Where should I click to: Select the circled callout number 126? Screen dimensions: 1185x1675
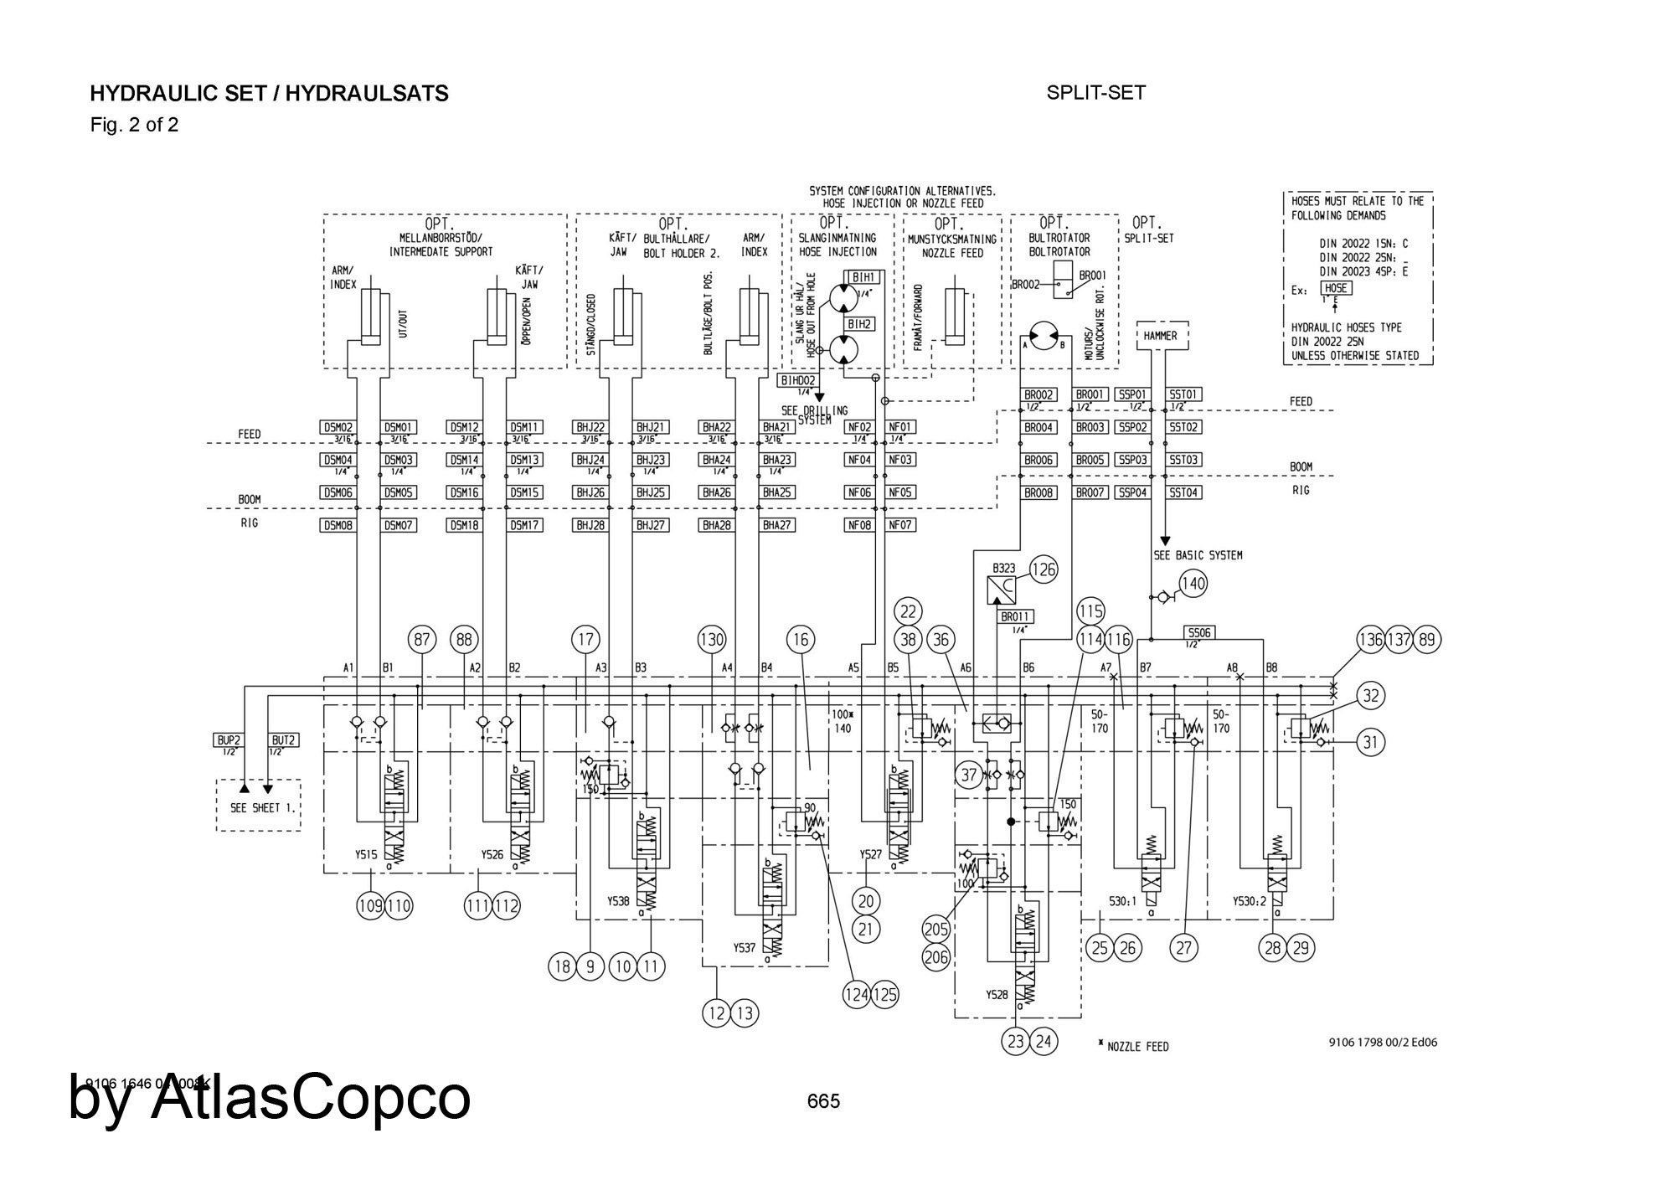point(1043,570)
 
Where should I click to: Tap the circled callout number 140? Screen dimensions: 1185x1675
point(1193,584)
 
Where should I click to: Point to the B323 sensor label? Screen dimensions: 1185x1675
point(1002,568)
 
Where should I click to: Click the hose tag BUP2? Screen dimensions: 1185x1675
point(229,740)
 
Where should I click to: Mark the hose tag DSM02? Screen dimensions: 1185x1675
point(338,427)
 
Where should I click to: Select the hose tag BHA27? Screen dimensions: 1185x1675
point(777,525)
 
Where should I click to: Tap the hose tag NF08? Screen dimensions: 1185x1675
point(859,525)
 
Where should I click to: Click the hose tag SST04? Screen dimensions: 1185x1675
point(1184,492)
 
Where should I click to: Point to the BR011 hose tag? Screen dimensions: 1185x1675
point(1015,617)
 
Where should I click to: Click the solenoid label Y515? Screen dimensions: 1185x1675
point(365,855)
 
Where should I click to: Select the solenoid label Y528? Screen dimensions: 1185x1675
point(996,995)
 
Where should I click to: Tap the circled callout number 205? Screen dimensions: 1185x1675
point(936,928)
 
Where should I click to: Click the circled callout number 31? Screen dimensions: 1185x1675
point(1370,742)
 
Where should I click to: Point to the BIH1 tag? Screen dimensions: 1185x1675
point(863,277)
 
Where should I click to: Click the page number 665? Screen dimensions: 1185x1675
point(823,1101)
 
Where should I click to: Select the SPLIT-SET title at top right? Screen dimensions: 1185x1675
point(1095,93)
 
